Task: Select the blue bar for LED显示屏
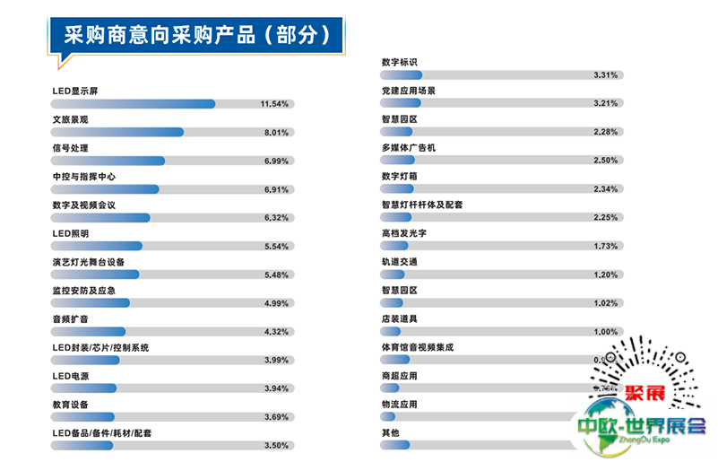[x=134, y=104]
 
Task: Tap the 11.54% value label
[x=273, y=104]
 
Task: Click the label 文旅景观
[x=71, y=119]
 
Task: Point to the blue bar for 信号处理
[x=109, y=161]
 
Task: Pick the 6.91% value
[x=276, y=190]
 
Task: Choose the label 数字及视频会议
[x=84, y=205]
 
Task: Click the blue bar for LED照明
[x=98, y=247]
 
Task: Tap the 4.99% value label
[x=276, y=304]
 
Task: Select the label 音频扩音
[x=71, y=319]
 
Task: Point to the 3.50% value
[x=276, y=446]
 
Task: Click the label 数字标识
[x=399, y=62]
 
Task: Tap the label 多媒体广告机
[x=408, y=147]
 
